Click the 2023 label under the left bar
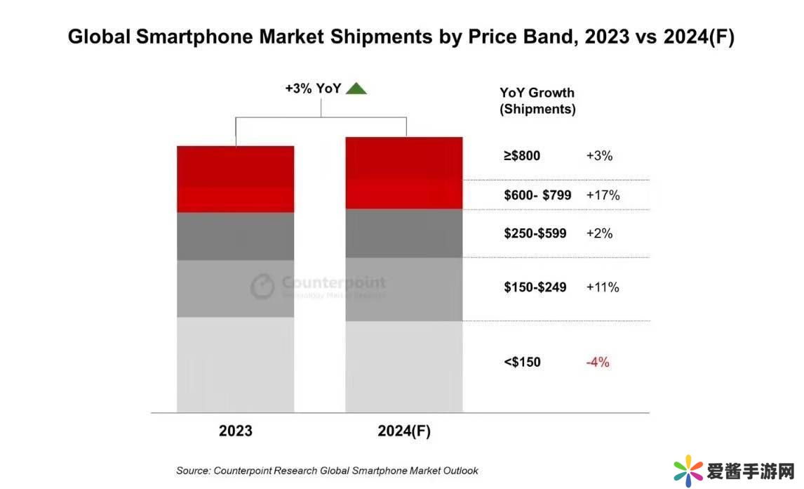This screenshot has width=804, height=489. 235,431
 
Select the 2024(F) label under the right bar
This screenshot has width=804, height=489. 403,431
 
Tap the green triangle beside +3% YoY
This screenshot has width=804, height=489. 356,89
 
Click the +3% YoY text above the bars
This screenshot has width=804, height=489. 313,89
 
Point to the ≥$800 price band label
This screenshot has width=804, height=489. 522,156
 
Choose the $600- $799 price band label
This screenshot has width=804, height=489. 537,195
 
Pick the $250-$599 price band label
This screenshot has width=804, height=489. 535,233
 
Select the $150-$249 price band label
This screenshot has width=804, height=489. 535,287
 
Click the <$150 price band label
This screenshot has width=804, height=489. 522,363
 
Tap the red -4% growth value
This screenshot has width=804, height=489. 598,363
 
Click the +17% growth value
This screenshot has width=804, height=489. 603,195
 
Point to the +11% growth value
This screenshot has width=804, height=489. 602,287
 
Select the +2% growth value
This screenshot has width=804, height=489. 599,233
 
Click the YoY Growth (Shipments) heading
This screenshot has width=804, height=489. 537,100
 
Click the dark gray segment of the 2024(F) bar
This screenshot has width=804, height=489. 403,233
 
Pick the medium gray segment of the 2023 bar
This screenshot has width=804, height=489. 235,289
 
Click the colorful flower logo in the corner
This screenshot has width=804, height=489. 688,470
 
